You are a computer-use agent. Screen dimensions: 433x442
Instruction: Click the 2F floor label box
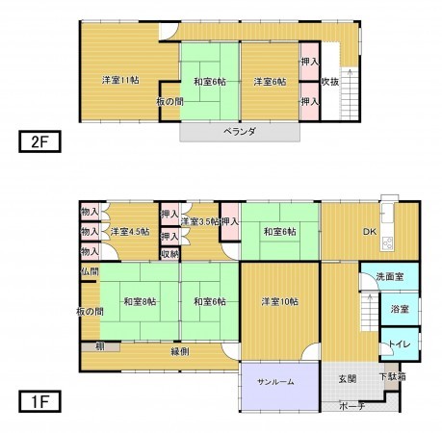tap(39, 142)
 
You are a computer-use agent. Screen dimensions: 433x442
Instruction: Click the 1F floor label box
tap(39, 395)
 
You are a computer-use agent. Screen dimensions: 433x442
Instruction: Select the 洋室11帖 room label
tap(121, 80)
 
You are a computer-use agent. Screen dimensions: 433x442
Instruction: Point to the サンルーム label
tap(275, 382)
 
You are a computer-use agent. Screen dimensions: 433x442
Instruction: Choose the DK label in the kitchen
tap(370, 231)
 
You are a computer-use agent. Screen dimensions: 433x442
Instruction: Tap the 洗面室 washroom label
tap(389, 277)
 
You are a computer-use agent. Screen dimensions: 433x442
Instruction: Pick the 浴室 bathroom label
tap(400, 310)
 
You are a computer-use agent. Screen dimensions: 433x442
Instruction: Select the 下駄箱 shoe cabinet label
tap(389, 377)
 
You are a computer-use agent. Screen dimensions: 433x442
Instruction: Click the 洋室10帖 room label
tap(279, 302)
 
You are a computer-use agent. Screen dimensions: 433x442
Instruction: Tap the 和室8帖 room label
tap(140, 302)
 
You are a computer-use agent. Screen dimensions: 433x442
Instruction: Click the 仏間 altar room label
tap(91, 273)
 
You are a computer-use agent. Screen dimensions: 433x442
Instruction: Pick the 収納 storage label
tap(169, 253)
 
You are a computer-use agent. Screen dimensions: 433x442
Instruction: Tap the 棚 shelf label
tap(99, 345)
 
